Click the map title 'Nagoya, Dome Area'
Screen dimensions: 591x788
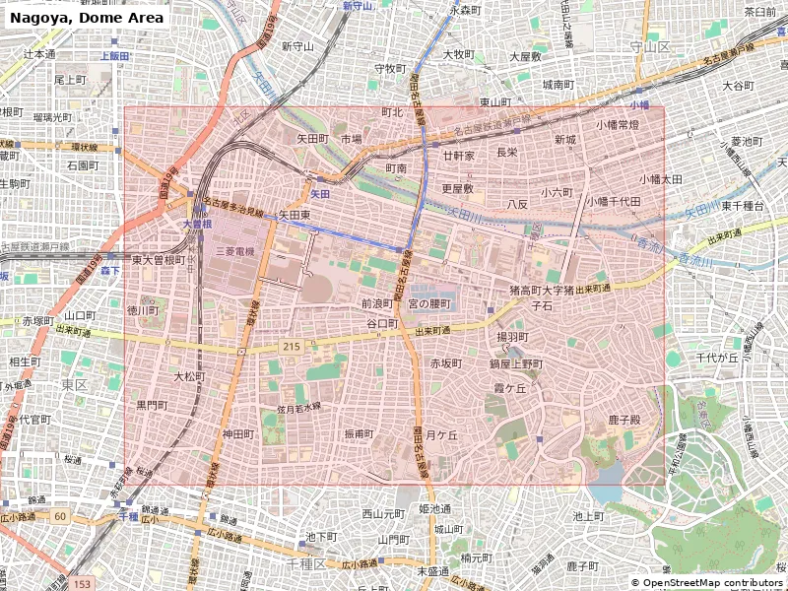click(87, 18)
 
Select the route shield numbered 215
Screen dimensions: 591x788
click(291, 347)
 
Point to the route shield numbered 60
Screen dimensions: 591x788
click(60, 516)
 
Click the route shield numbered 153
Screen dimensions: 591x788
click(83, 584)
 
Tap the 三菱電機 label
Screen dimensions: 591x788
click(234, 252)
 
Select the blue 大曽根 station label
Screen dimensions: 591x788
click(197, 225)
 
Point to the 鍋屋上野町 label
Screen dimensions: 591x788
click(515, 363)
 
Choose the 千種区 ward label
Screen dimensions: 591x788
click(306, 563)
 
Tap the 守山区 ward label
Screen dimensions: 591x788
click(649, 46)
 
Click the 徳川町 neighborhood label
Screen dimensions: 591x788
click(143, 310)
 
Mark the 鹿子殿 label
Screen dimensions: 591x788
click(624, 420)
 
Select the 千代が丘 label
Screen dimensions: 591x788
click(716, 358)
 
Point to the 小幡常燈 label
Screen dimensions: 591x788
click(617, 125)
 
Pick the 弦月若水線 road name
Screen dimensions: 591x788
click(298, 407)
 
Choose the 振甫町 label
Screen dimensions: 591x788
click(359, 433)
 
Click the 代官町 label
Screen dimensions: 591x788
click(35, 419)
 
